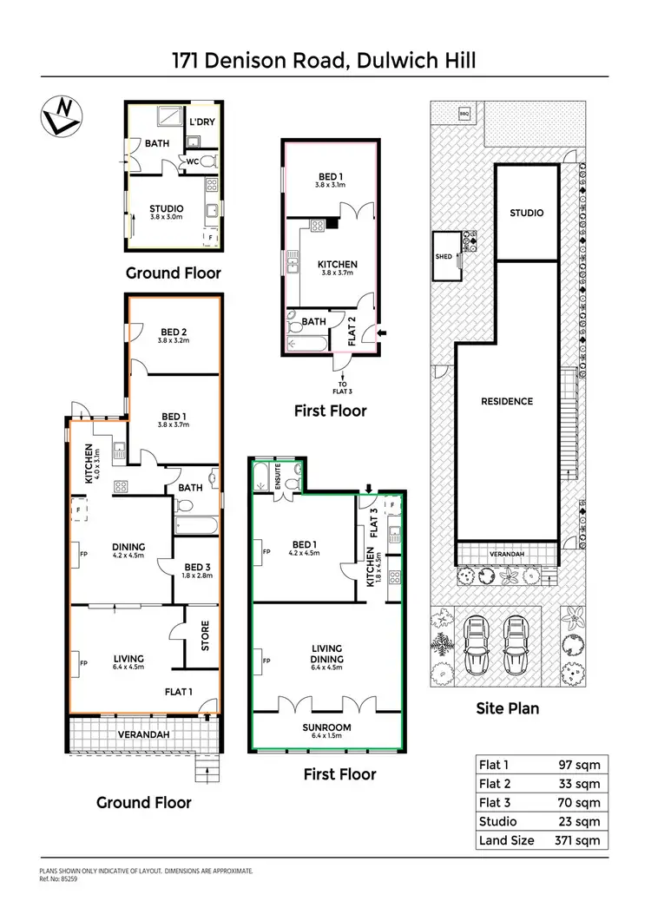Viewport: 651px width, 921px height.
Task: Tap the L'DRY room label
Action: [x=202, y=122]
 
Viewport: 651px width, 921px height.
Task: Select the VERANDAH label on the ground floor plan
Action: [x=143, y=734]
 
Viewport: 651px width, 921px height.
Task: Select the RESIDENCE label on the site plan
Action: [x=507, y=401]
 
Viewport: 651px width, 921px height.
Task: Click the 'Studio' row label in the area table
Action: [x=498, y=821]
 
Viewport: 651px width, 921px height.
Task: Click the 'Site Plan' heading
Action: [x=507, y=707]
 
